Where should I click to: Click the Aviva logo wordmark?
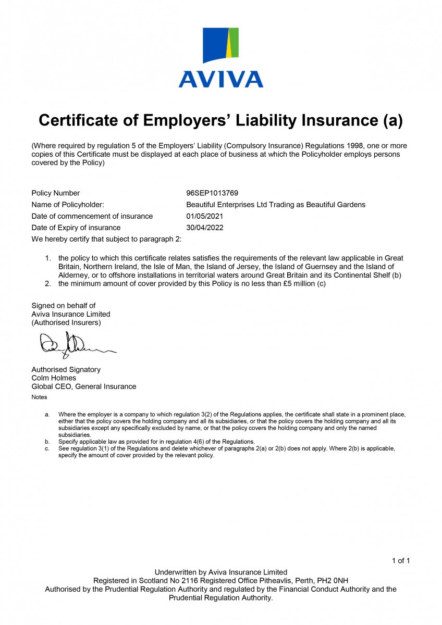pos(220,79)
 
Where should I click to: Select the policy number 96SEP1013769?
pos(212,193)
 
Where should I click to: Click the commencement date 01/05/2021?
pos(205,216)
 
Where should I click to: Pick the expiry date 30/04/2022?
pos(205,228)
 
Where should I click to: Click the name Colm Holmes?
pos(54,378)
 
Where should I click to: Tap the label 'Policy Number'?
pos(56,193)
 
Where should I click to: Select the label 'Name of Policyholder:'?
pos(68,205)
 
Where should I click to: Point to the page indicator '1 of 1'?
pos(401,561)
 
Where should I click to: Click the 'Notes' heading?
pos(39,397)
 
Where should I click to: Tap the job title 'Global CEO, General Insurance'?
pos(84,386)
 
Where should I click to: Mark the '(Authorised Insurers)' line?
pos(66,322)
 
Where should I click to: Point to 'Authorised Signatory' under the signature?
pos(66,369)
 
